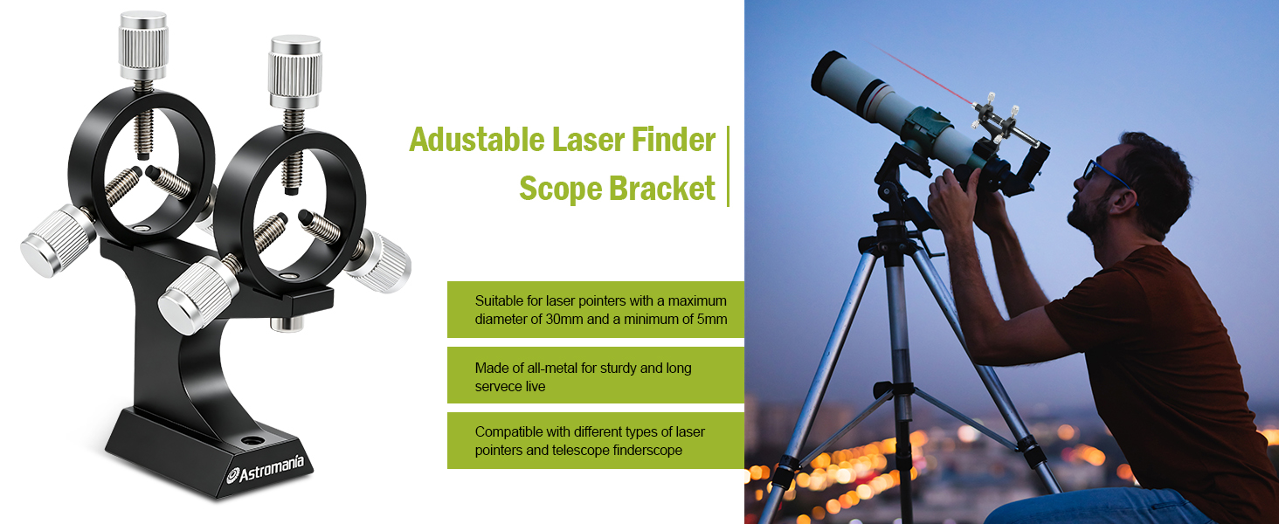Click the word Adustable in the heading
tap(477, 140)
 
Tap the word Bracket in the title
tap(662, 189)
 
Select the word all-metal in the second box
tap(553, 368)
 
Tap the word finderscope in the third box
tap(647, 451)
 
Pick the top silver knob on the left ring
tap(142, 45)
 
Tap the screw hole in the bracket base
tap(252, 441)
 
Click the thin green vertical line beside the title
tap(728, 166)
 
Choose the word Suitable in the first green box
tap(499, 300)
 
